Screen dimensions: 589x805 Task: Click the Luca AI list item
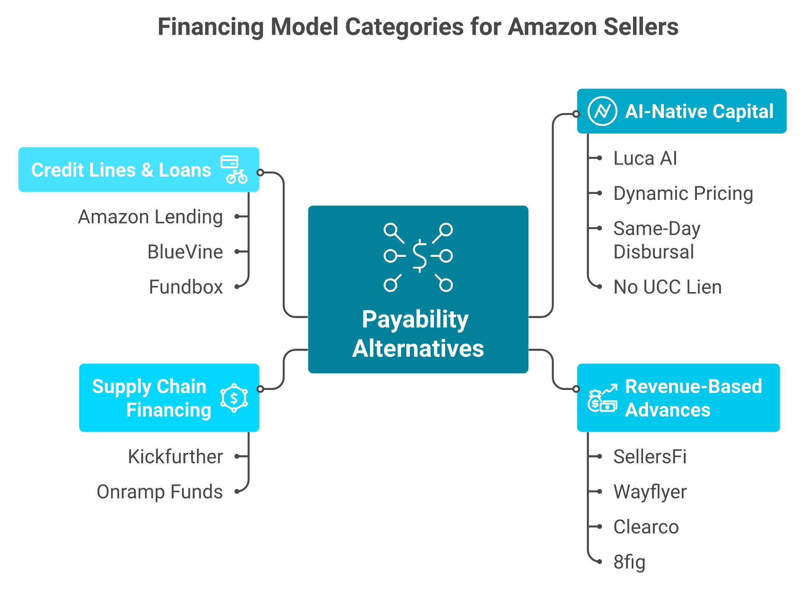[645, 158]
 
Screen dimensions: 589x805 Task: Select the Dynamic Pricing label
[683, 193]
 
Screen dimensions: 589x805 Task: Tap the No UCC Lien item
[667, 287]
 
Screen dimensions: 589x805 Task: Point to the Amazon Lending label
[150, 217]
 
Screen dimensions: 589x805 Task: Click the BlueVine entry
[185, 251]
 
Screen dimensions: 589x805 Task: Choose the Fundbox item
[186, 287]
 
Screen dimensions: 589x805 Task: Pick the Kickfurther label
[175, 456]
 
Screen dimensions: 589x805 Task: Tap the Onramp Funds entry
[160, 492]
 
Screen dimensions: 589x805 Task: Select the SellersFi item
[650, 456]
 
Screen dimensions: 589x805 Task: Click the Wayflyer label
[650, 492]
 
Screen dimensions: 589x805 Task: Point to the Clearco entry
[646, 527]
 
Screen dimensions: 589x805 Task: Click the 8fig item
[629, 562]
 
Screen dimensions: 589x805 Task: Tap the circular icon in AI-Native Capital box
[602, 111]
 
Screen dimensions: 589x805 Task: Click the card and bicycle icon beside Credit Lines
[234, 169]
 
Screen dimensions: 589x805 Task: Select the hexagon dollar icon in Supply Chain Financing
[234, 398]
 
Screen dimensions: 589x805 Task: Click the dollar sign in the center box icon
[420, 256]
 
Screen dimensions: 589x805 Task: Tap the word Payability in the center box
[415, 319]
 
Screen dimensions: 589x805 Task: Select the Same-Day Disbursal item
[656, 240]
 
